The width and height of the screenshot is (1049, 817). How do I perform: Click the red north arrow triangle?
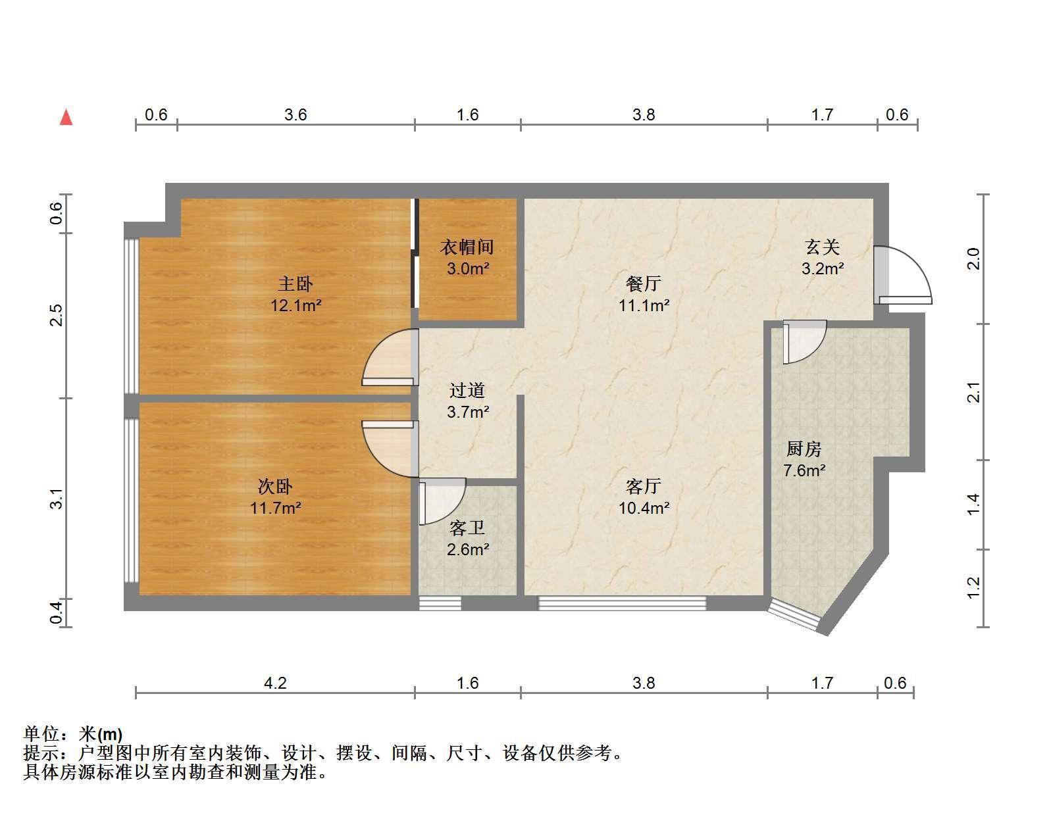(66, 118)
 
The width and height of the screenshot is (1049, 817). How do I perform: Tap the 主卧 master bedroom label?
(295, 284)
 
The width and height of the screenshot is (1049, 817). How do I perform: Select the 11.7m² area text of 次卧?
(276, 508)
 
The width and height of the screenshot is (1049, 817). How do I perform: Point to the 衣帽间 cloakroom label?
(467, 247)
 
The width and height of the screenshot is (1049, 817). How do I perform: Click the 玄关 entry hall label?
(823, 247)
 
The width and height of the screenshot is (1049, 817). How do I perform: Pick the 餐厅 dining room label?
(644, 284)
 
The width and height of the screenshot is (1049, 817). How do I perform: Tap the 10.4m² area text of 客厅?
(644, 508)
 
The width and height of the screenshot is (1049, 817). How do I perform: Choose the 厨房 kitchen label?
(804, 449)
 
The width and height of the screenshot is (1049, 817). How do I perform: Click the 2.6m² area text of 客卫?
(468, 549)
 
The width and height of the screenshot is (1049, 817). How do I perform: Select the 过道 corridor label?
(467, 390)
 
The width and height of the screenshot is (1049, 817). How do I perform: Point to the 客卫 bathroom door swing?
(442, 502)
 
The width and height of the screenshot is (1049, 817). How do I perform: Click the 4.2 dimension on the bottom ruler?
(275, 683)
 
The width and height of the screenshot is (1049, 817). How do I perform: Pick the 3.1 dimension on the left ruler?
(57, 499)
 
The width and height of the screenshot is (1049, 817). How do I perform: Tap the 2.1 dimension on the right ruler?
(974, 392)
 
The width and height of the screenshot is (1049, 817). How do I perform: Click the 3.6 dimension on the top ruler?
(295, 114)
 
